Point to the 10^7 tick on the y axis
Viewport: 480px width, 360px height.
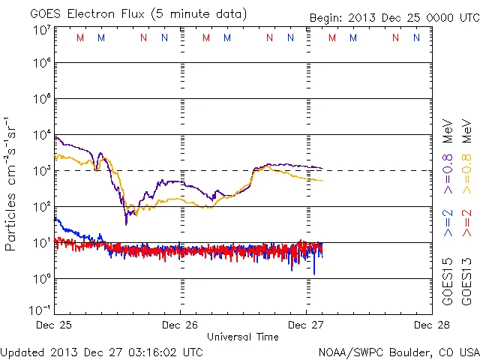(42, 29)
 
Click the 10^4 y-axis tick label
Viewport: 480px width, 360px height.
(42, 135)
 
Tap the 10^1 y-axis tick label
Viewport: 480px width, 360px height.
(42, 242)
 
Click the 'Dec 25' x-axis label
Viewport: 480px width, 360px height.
(55, 325)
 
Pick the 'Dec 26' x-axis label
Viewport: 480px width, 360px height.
(180, 325)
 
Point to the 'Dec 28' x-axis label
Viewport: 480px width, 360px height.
(430, 325)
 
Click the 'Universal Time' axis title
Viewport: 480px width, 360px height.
(242, 337)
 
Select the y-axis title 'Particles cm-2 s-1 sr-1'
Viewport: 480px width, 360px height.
(12, 184)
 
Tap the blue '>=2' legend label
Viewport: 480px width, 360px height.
(448, 224)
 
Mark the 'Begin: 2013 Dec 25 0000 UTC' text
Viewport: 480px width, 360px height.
(394, 18)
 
